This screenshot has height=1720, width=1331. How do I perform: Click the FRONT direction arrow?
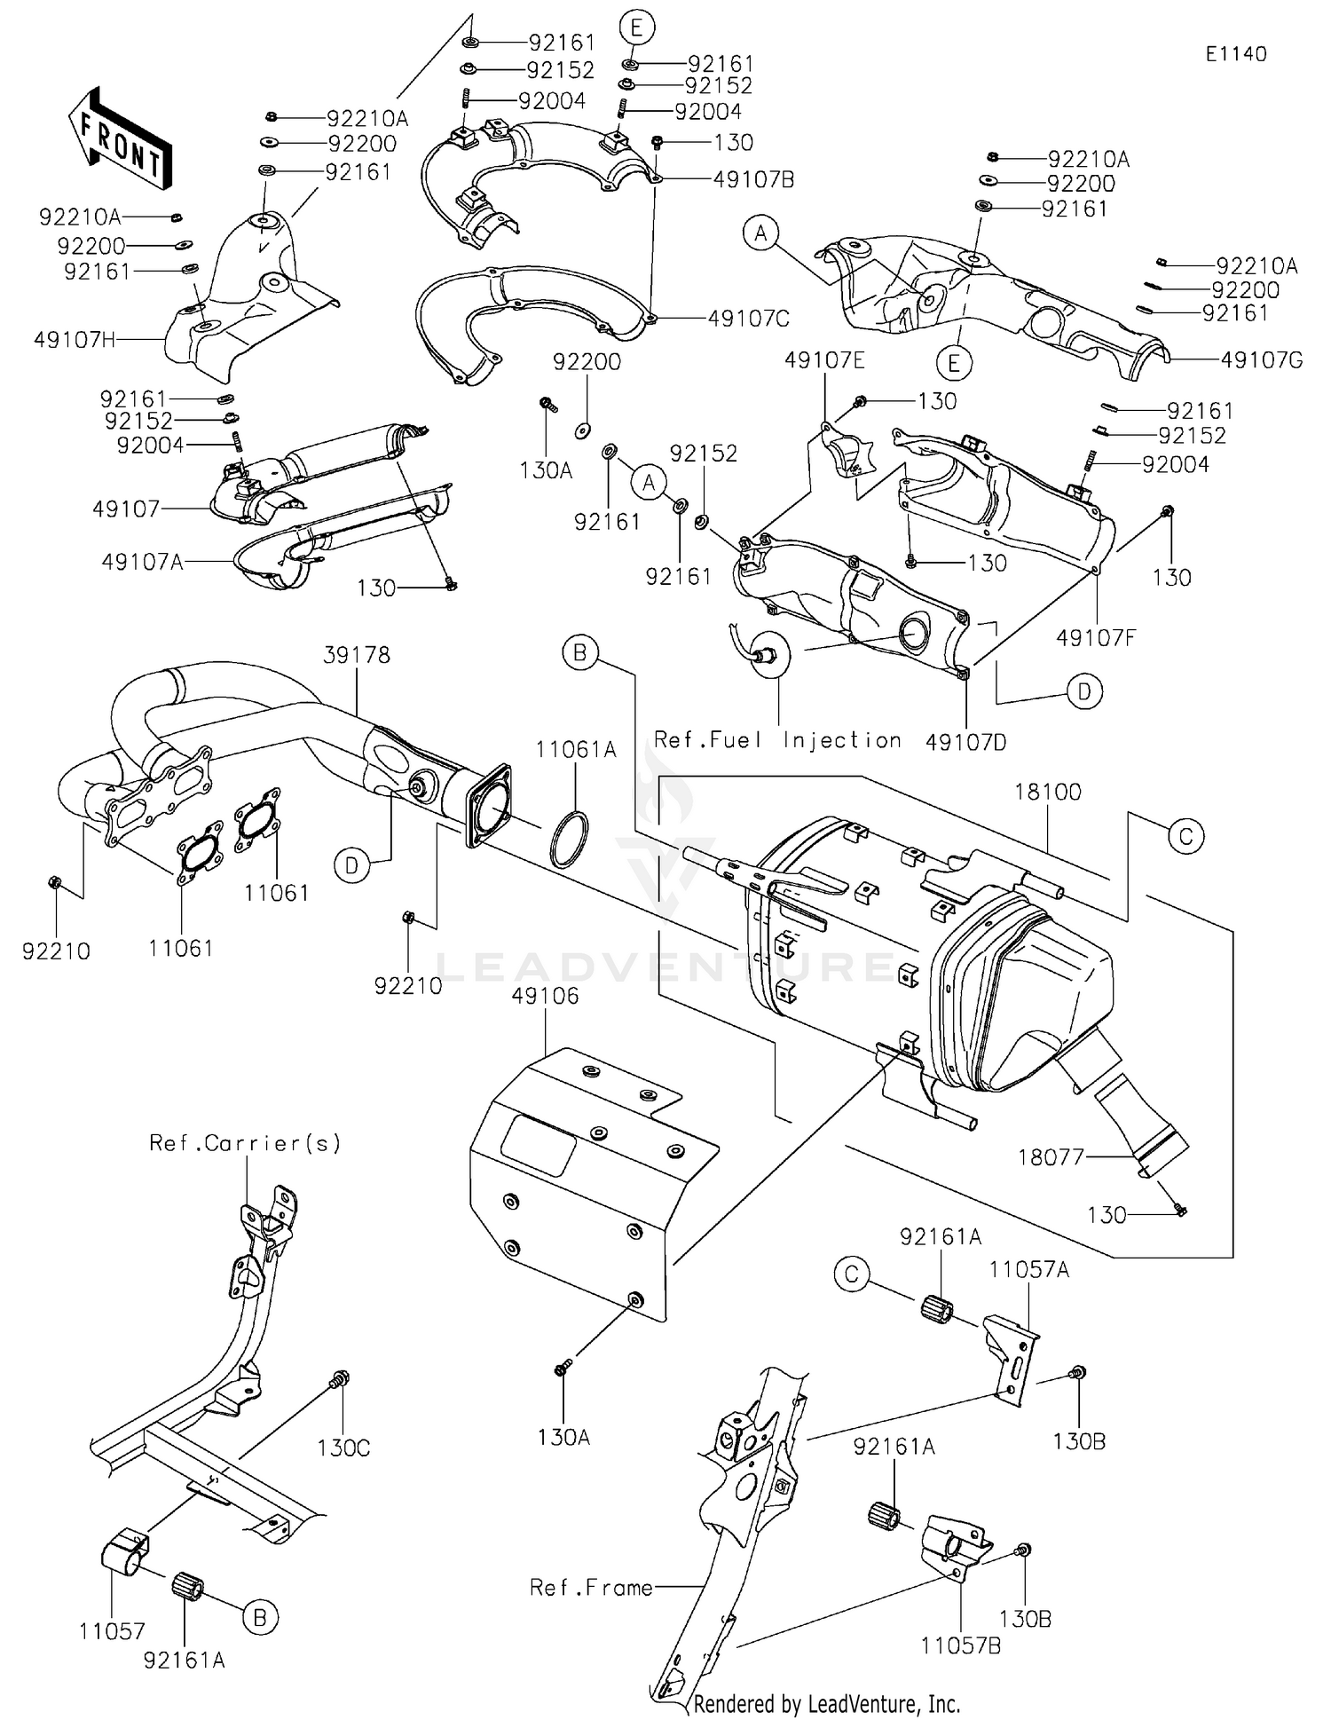[x=119, y=138]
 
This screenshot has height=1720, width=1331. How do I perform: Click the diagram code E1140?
[x=1236, y=54]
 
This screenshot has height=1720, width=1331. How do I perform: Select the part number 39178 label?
[x=357, y=655]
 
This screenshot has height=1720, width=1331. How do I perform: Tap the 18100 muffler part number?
[x=1047, y=792]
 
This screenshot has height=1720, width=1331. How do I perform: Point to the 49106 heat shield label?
[x=545, y=996]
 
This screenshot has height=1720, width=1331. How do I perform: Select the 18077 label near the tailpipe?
[x=1051, y=1157]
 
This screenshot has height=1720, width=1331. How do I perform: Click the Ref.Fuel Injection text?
[x=777, y=740]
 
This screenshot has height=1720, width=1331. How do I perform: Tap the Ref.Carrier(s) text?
[x=245, y=1143]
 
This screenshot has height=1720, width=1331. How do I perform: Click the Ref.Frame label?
[x=591, y=1587]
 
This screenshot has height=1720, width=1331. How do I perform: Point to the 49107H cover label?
[x=75, y=340]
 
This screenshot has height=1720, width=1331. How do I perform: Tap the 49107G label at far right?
[x=1261, y=360]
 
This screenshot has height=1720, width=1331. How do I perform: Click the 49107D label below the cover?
[x=965, y=742]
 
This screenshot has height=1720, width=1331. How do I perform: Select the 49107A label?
[x=142, y=562]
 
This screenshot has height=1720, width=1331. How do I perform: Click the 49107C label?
[x=748, y=318]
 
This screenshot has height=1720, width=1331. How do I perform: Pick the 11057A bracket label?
[x=1029, y=1270]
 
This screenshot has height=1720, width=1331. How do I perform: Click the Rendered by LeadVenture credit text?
[x=826, y=1703]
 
